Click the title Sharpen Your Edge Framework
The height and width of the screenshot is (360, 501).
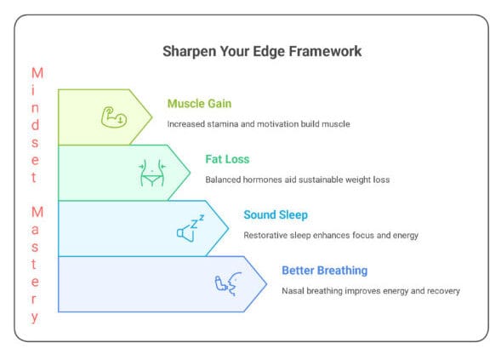pos(261,51)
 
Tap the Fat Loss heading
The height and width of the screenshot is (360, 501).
pos(228,158)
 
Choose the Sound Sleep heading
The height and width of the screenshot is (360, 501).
pos(276,214)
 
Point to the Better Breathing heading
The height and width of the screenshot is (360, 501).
pos(324,271)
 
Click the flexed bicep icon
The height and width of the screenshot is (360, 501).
pos(113,117)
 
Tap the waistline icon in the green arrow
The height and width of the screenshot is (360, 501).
pos(151,173)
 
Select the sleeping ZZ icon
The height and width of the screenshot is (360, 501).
pos(191,228)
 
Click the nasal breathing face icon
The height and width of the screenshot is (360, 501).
pos(229,283)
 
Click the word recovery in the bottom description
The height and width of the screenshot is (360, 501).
pos(441,291)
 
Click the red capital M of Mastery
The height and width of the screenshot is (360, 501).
pos(35,211)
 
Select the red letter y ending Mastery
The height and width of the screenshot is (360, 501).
pos(35,318)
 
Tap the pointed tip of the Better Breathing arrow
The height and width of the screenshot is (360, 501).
pos(265,283)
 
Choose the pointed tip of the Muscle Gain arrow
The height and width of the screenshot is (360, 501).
pos(151,117)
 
